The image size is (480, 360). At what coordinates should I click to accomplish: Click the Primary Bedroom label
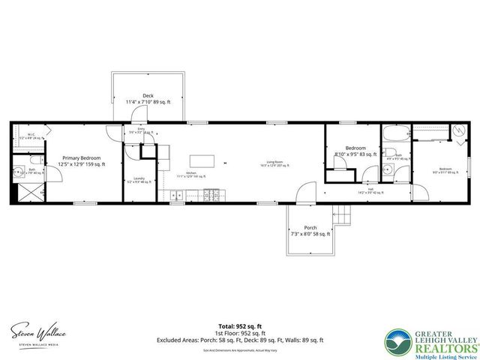click(x=83, y=161)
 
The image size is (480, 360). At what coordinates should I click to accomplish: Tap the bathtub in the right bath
click(x=394, y=135)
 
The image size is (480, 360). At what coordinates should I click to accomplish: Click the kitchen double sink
click(x=178, y=195)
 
